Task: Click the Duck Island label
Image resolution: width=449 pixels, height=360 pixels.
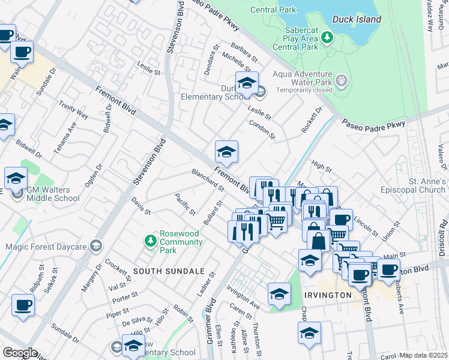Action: point(359,19)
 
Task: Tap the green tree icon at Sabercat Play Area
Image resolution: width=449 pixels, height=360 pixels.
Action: point(327,38)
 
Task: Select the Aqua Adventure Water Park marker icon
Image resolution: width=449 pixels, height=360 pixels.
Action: point(342,80)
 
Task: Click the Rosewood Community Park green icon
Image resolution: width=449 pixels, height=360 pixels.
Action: point(151,241)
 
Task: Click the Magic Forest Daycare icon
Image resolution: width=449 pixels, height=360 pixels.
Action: point(95,246)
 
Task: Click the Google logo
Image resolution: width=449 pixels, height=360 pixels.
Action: point(20,352)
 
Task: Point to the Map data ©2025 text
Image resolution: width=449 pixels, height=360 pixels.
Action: point(423,355)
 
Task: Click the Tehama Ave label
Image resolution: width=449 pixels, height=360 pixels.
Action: point(65,139)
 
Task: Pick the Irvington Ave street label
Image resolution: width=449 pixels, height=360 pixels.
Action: point(243,296)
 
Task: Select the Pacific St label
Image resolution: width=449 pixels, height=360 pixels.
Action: point(185,205)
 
